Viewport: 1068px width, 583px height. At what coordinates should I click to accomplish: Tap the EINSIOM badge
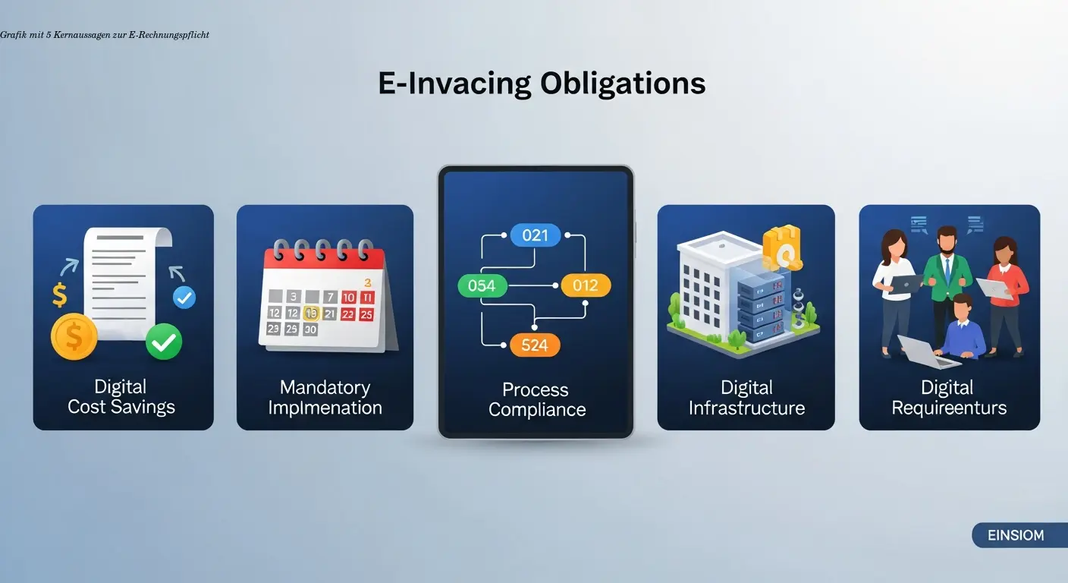pos(1016,535)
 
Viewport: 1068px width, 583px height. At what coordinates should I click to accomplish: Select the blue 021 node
pos(535,235)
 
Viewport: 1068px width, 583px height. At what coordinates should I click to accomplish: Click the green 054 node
pos(482,285)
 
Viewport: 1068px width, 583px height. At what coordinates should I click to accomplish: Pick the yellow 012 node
pos(585,285)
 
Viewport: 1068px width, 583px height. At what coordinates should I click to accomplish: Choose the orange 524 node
pos(535,345)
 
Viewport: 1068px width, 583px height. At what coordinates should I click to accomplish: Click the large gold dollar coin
pos(74,336)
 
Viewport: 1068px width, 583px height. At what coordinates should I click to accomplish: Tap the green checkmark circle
pos(164,342)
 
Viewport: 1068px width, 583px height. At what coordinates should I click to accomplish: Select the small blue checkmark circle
pos(184,298)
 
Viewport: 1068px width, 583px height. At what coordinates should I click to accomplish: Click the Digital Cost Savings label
pos(121,397)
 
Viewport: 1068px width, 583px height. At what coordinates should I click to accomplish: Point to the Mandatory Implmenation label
pos(325,398)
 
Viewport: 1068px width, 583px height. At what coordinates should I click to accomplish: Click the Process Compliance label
pos(536,400)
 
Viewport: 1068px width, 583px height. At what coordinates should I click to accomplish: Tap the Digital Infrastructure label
pos(746,398)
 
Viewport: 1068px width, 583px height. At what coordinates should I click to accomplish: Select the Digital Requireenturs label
pos(949,398)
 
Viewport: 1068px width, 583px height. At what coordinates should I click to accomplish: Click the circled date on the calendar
pos(310,313)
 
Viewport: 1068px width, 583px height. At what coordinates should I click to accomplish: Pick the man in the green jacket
pos(946,281)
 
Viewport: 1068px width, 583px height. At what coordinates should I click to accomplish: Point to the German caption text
pos(105,35)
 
